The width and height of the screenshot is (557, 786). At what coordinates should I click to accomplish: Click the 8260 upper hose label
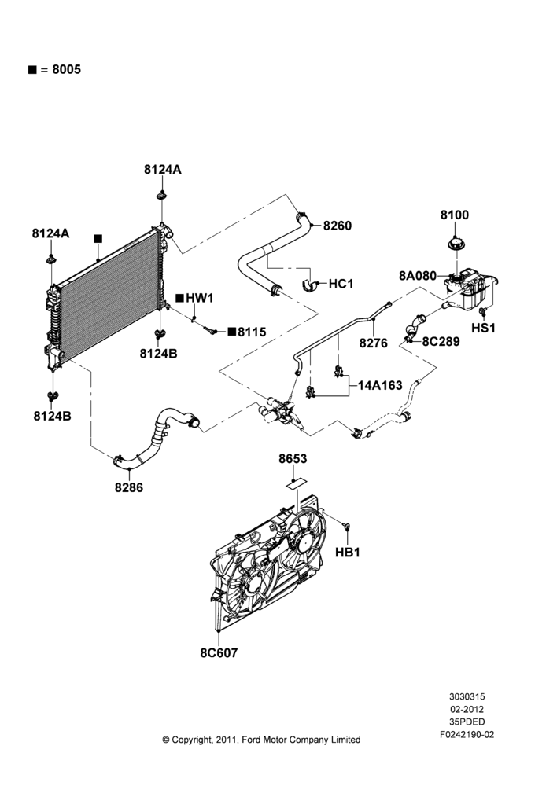click(338, 226)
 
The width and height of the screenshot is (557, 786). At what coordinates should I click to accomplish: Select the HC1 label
click(341, 284)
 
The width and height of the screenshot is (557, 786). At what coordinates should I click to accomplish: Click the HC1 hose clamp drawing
click(310, 285)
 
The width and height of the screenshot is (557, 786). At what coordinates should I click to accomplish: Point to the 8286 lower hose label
click(129, 487)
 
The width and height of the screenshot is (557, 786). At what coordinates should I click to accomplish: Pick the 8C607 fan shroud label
click(219, 652)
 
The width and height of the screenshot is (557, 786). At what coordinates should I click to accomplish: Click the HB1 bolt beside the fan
click(346, 526)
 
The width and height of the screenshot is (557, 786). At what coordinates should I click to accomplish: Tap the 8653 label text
click(293, 459)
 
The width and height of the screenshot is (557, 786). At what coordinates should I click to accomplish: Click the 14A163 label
click(380, 385)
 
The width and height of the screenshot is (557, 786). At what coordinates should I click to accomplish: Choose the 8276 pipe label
click(374, 343)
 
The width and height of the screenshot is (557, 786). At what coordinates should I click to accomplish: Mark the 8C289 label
click(441, 341)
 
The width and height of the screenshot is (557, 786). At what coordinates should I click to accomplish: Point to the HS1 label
click(483, 328)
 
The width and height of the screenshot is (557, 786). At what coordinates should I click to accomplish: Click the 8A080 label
click(418, 275)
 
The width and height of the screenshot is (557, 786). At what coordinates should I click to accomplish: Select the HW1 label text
click(200, 298)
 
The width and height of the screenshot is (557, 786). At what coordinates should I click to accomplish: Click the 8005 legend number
click(66, 69)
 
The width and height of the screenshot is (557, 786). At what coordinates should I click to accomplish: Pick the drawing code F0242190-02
click(467, 734)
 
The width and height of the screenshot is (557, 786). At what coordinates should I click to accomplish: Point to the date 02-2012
click(467, 709)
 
